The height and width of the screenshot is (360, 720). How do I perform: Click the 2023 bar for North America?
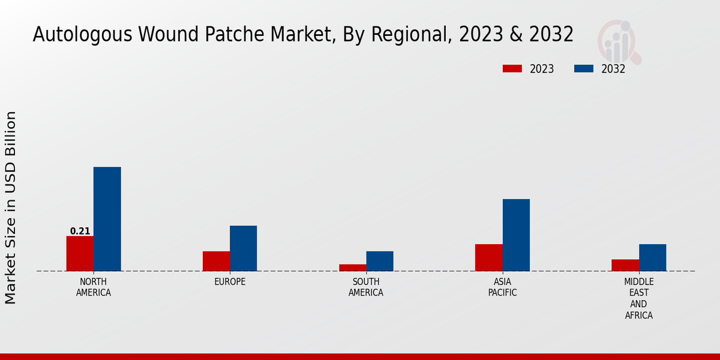(x=80, y=253)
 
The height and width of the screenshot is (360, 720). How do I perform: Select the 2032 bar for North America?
(x=107, y=219)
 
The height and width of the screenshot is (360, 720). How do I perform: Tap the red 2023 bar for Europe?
(x=216, y=261)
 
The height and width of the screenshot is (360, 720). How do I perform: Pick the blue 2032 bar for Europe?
(x=243, y=248)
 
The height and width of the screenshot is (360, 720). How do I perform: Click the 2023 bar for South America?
(x=352, y=268)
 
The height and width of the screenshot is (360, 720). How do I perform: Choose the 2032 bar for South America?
(x=380, y=261)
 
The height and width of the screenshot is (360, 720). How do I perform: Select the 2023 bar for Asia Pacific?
(x=488, y=257)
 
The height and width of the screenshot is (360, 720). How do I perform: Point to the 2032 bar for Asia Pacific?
(x=516, y=235)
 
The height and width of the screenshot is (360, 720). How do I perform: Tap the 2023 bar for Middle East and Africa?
(x=625, y=265)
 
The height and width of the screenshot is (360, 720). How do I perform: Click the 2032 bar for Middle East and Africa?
(x=652, y=257)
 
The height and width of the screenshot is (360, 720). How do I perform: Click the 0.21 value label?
(x=80, y=231)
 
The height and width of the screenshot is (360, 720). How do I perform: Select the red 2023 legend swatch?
(x=512, y=68)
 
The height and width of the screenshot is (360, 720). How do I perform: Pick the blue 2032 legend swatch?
(x=583, y=68)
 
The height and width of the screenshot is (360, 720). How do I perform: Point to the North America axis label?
(x=93, y=287)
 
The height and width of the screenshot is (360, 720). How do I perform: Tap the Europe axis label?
(x=230, y=282)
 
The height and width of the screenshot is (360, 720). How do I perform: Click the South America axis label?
(x=366, y=287)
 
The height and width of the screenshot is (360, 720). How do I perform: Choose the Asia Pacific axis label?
(x=502, y=287)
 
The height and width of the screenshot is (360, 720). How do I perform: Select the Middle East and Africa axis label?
(x=638, y=298)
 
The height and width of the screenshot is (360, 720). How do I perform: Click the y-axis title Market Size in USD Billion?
(x=11, y=207)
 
